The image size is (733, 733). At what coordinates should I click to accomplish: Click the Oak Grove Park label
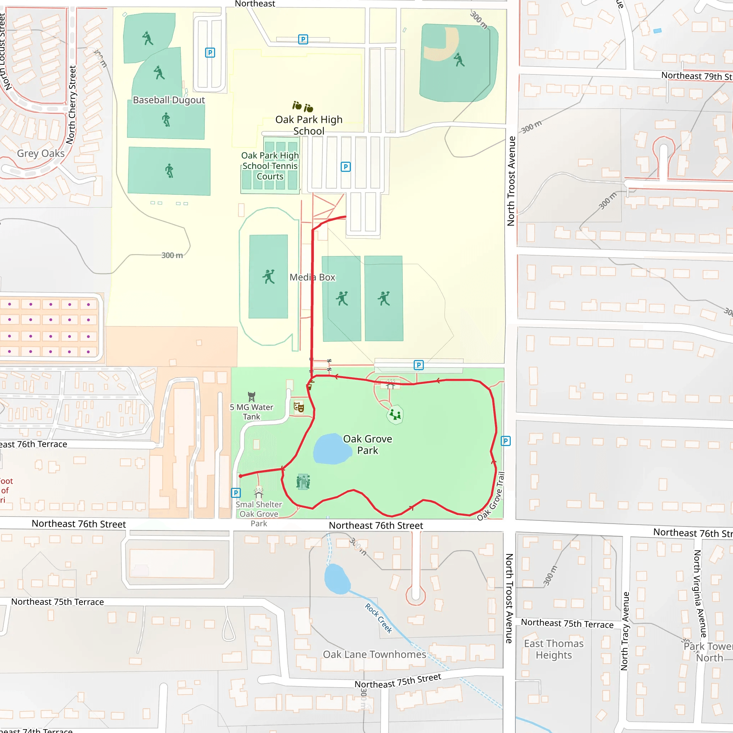[x=367, y=445]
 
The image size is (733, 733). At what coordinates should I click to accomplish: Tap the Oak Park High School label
[x=309, y=125]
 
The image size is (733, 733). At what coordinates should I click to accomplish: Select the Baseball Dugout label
[x=169, y=100]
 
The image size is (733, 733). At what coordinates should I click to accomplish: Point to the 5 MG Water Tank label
[x=252, y=412]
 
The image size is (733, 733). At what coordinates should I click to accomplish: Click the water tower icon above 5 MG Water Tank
[x=252, y=397]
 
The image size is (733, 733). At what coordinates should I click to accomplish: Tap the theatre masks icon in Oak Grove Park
[x=299, y=407]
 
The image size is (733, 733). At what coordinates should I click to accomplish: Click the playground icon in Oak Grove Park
[x=395, y=414]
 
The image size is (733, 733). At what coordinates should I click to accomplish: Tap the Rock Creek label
[x=378, y=618]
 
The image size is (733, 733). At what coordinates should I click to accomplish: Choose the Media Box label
[x=312, y=277]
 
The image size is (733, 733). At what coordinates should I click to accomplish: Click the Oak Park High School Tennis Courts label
[x=270, y=166]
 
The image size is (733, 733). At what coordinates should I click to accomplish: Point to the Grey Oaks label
[x=41, y=153]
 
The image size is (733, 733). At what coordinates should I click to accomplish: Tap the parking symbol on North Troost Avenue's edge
[x=506, y=441]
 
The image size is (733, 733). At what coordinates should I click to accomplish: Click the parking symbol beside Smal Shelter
[x=236, y=493]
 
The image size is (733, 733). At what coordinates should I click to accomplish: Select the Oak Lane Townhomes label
[x=374, y=655]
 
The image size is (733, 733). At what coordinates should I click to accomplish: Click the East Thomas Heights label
[x=554, y=649]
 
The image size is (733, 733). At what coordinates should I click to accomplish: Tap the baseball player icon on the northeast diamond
[x=459, y=59]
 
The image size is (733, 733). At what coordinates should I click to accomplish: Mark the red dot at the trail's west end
[x=241, y=476]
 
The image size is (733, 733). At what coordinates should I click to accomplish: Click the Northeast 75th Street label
[x=398, y=681]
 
